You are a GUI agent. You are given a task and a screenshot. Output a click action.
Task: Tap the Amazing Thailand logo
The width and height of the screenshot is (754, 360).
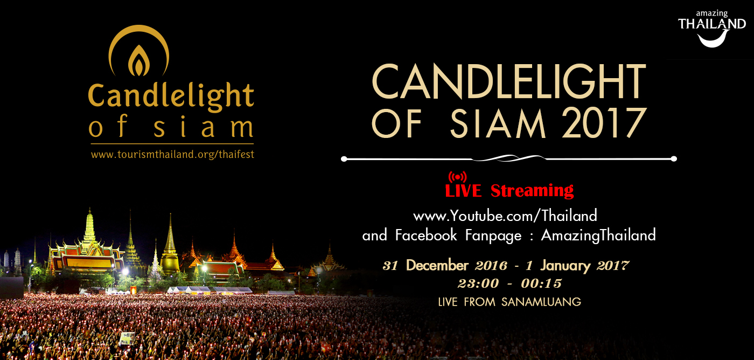[711, 29]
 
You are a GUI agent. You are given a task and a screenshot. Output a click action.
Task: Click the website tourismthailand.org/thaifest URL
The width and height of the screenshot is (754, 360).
[172, 155]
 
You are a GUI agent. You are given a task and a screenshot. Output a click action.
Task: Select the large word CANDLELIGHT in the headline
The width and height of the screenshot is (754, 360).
[508, 81]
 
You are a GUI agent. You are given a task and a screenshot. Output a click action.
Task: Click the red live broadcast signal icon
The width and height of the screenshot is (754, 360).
[457, 177]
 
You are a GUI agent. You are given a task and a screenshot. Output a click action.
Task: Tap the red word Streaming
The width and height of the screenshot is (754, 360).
[532, 191]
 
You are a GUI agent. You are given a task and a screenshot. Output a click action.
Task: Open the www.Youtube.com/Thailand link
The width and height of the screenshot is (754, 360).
[505, 216]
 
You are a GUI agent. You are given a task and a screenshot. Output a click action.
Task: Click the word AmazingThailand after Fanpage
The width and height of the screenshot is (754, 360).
[598, 235]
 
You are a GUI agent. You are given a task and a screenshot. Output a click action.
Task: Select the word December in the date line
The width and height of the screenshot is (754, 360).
[437, 265]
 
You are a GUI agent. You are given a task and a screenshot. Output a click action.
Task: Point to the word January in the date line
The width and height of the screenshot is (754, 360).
[565, 266]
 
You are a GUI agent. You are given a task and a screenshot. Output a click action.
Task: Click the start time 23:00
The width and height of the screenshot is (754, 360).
[478, 283]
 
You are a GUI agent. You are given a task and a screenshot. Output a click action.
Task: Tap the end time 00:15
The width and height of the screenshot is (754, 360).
[541, 283]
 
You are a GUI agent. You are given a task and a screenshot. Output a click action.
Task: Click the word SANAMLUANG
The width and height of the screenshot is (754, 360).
[541, 302]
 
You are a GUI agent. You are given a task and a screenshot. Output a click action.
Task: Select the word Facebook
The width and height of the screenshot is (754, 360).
[426, 235]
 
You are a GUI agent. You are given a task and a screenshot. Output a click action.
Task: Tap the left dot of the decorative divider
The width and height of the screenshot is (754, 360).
[344, 159]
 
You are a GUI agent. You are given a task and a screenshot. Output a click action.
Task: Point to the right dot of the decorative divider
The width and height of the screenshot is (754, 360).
[674, 159]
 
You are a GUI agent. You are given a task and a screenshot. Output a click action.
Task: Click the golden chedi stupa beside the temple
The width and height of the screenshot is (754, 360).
[170, 246]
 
